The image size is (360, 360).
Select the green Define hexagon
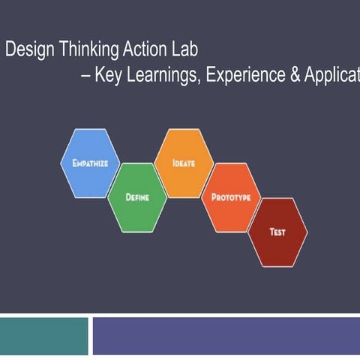tap(137, 197)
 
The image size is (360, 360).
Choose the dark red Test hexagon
tap(277, 232)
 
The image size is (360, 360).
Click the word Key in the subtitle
tap(106, 76)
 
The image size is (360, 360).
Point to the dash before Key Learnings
tap(85, 76)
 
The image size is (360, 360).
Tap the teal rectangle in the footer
tap(43, 335)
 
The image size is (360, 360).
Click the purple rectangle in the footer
tap(226, 335)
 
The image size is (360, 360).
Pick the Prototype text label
tap(231, 198)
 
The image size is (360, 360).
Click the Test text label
tap(277, 232)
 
